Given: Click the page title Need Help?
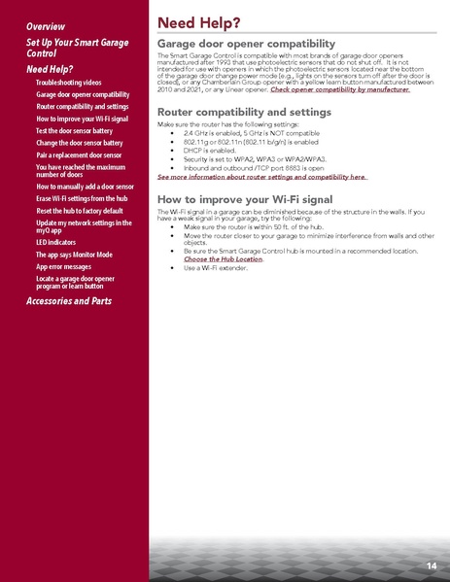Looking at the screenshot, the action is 199,21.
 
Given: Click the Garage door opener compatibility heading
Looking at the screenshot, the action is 246,45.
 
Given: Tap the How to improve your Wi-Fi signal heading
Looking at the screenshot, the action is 244,199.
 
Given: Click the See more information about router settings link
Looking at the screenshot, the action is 261,179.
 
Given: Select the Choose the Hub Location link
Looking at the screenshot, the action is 223,259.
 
